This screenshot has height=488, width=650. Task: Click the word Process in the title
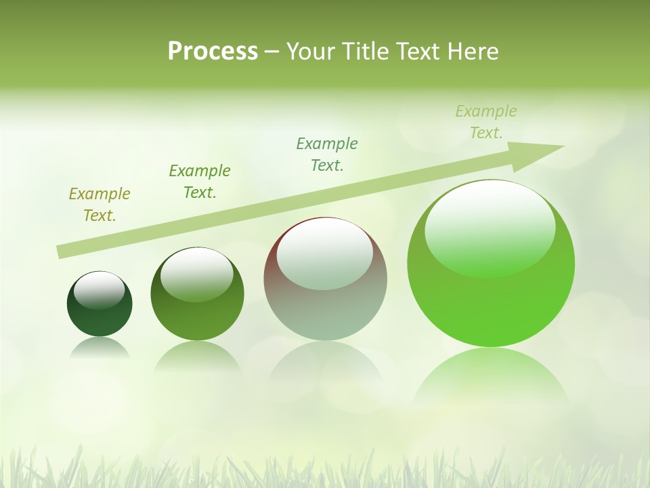tap(213, 52)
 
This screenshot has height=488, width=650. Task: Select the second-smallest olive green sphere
tap(197, 293)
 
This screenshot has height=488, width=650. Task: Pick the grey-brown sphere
tap(325, 279)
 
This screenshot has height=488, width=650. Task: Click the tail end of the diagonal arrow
tap(62, 251)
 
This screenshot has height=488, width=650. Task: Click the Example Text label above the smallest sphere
tap(100, 205)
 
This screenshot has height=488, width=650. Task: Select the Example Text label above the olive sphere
tap(200, 182)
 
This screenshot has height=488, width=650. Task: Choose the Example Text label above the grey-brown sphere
tap(327, 155)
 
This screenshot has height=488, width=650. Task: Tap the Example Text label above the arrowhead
tap(486, 122)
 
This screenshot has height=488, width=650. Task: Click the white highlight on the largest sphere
tap(490, 227)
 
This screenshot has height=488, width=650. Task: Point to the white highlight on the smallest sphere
tap(99, 290)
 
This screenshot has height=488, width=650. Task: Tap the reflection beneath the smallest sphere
tap(100, 348)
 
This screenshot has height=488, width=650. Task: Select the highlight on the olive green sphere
tap(197, 274)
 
